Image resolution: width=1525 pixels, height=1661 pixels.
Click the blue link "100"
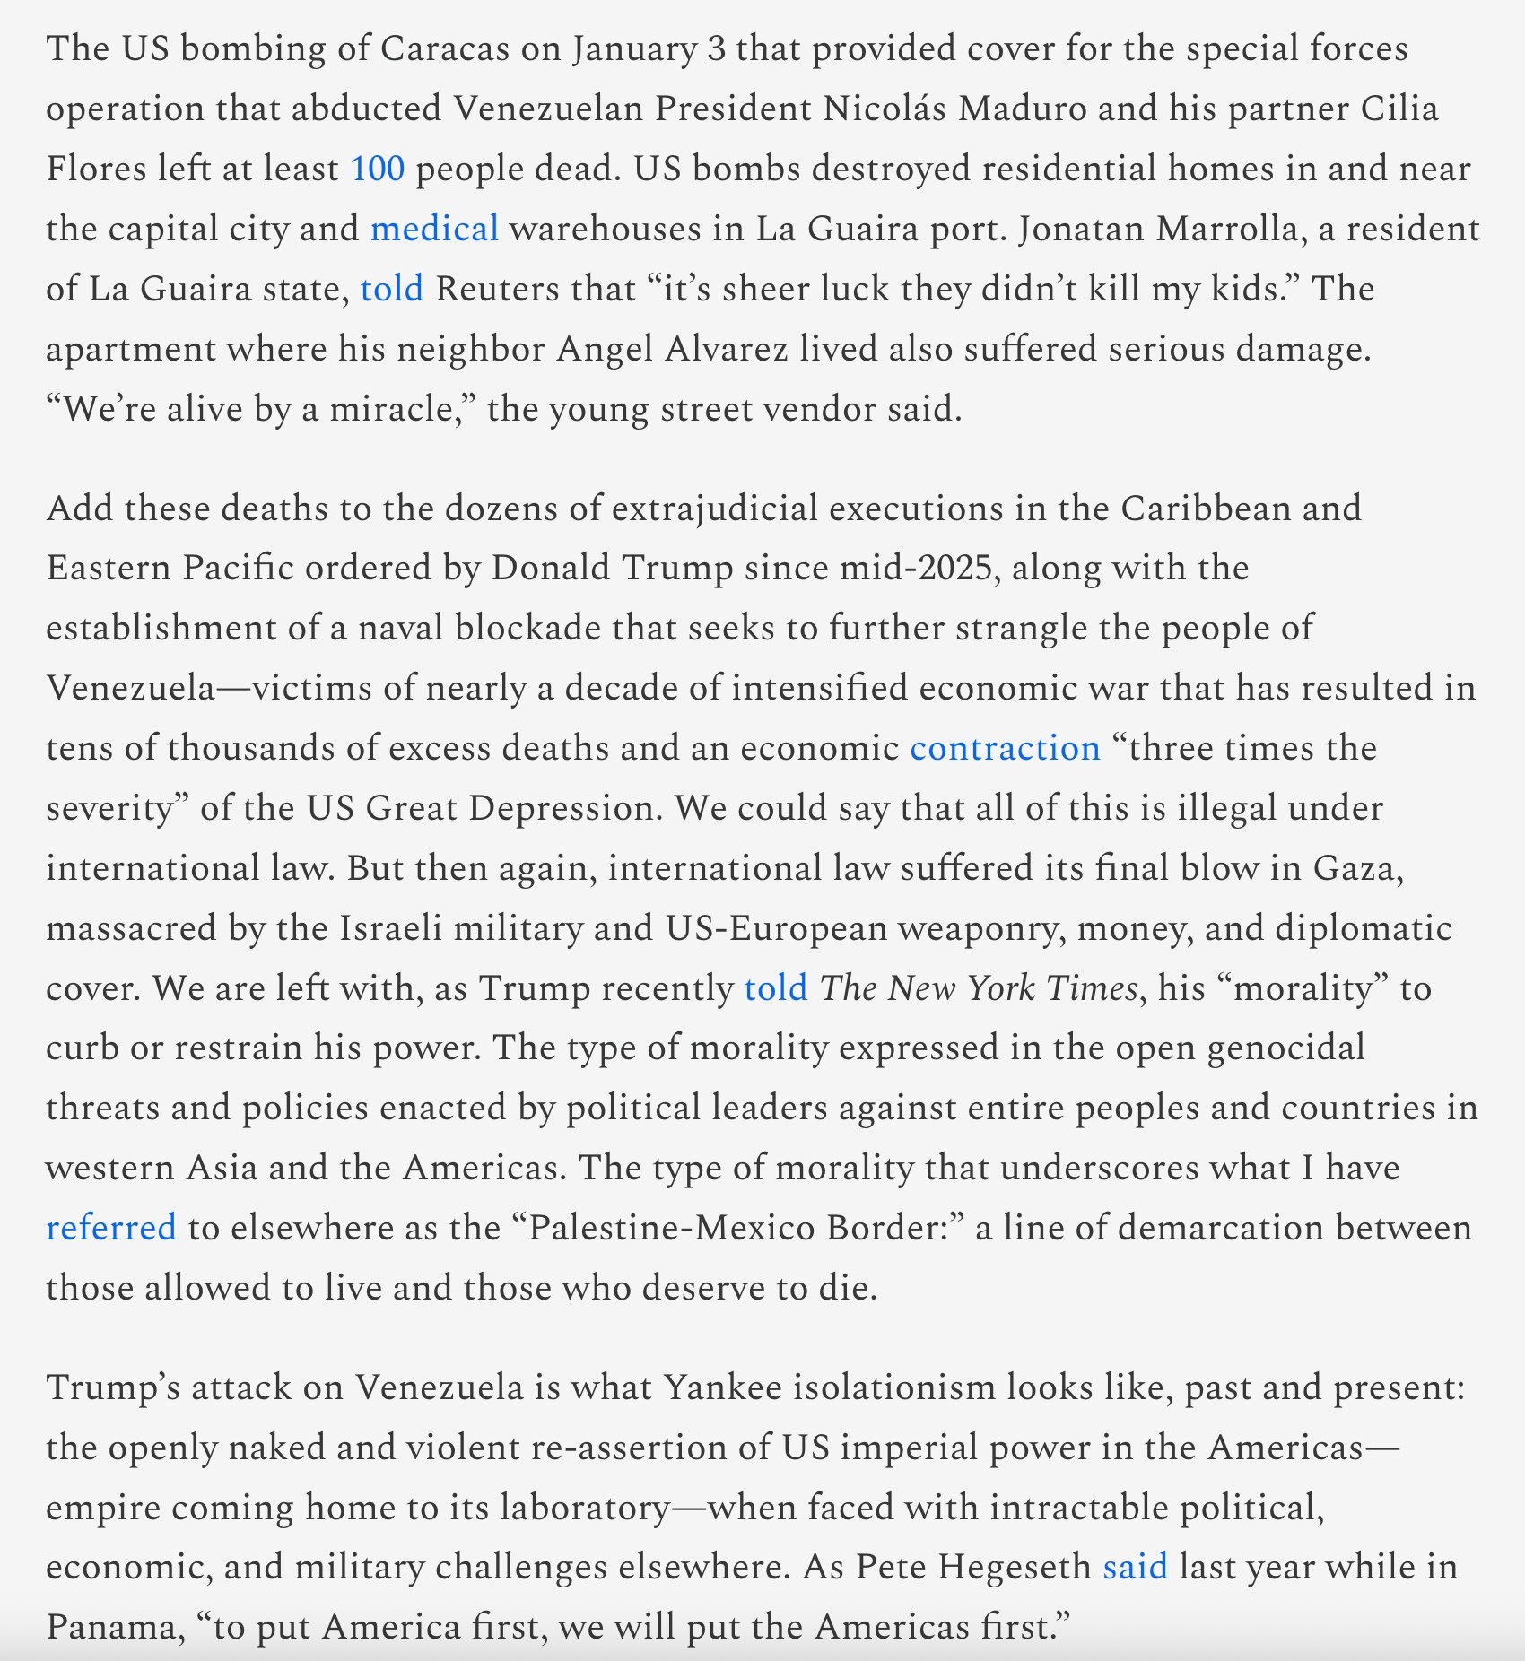pyautogui.click(x=377, y=169)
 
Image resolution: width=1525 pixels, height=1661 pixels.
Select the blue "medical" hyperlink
pyautogui.click(x=434, y=229)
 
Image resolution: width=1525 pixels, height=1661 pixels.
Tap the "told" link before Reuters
pyautogui.click(x=392, y=289)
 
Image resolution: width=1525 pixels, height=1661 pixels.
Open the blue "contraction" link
pyautogui.click(x=1005, y=748)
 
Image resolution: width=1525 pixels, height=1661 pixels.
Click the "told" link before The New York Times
pyautogui.click(x=776, y=988)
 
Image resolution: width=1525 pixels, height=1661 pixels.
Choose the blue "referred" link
pyautogui.click(x=111, y=1228)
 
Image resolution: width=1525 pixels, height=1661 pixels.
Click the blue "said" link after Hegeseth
pyautogui.click(x=1135, y=1567)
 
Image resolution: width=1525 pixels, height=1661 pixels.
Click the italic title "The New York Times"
pyautogui.click(x=979, y=988)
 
